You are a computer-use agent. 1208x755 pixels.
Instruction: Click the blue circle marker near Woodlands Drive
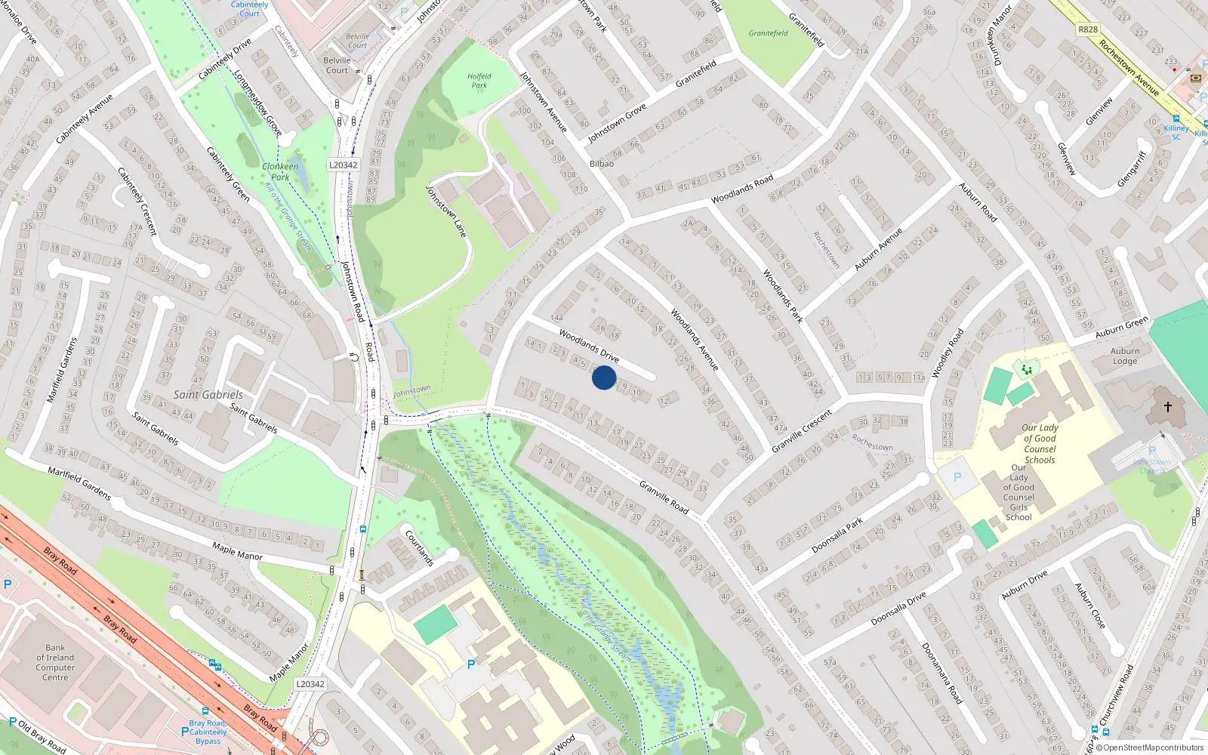point(604,377)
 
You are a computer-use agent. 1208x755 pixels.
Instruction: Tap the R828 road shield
point(1088,29)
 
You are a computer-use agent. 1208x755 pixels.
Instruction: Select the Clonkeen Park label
point(280,171)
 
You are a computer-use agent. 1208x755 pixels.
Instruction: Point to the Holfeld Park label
point(479,81)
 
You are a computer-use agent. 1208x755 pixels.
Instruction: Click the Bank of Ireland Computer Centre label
point(55,662)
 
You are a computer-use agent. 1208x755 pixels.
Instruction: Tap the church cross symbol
point(1167,407)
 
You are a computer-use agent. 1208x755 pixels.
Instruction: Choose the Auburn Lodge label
point(1125,356)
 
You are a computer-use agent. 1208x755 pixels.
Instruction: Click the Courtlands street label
point(420,548)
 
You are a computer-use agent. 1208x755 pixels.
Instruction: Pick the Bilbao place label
point(602,164)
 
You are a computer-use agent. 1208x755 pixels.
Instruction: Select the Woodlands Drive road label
point(589,345)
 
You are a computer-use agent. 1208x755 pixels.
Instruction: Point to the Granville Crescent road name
point(802,431)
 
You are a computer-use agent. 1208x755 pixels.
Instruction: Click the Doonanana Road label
point(941,673)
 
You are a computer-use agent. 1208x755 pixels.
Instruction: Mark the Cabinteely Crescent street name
point(137,201)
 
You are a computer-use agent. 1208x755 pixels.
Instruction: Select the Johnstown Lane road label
point(446,211)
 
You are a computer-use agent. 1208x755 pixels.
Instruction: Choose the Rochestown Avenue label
point(1129,68)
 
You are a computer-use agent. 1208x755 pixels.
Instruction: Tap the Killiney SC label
point(1176,132)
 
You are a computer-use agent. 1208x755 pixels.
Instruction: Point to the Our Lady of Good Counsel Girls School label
point(1018,492)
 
